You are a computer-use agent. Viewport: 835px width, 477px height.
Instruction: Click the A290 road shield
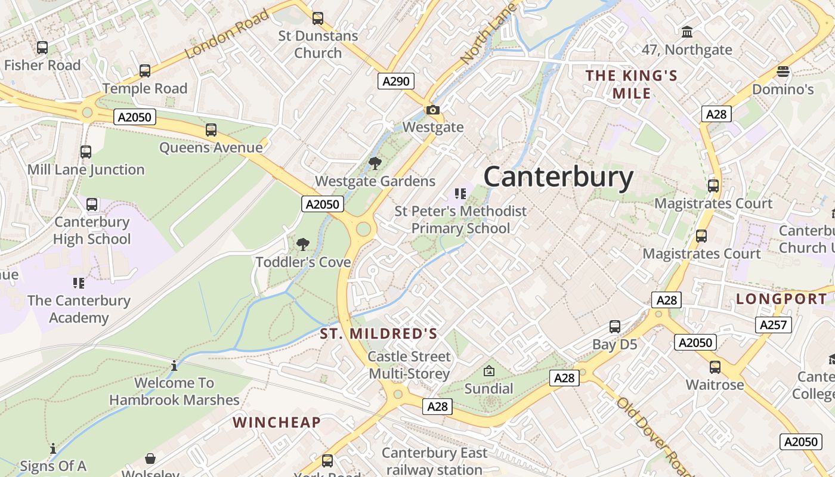tap(396, 81)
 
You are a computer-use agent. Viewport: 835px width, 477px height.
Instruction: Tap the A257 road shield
tap(774, 325)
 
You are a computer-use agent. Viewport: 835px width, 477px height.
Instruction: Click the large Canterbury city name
tap(558, 178)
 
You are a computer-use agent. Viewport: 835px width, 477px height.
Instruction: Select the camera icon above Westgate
tap(433, 110)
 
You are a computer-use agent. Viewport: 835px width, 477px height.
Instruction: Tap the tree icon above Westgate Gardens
tap(375, 163)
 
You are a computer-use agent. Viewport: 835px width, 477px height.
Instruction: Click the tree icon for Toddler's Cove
tap(303, 244)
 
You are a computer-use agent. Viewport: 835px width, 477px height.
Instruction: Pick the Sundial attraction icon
tap(489, 371)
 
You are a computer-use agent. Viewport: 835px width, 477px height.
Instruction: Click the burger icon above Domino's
tap(783, 72)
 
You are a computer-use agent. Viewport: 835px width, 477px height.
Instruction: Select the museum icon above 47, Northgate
tap(687, 32)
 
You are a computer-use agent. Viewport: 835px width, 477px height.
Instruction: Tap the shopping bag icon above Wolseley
tap(150, 459)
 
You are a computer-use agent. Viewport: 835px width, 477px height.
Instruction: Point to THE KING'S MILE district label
tap(632, 84)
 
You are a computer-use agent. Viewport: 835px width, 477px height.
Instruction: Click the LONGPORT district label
tap(781, 299)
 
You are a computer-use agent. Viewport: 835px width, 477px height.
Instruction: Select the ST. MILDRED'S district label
tap(379, 334)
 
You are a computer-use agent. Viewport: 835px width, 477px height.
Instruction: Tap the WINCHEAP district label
tap(277, 423)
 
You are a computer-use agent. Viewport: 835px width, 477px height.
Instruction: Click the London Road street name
tap(227, 34)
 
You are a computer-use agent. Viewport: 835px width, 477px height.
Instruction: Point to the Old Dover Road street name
tap(655, 436)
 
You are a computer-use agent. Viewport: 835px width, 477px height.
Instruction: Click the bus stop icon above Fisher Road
tap(42, 48)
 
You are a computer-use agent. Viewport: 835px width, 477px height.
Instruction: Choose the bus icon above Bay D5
tap(615, 327)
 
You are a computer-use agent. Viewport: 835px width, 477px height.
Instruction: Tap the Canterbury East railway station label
tap(434, 461)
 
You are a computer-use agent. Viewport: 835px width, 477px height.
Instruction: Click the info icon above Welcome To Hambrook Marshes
tap(174, 366)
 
